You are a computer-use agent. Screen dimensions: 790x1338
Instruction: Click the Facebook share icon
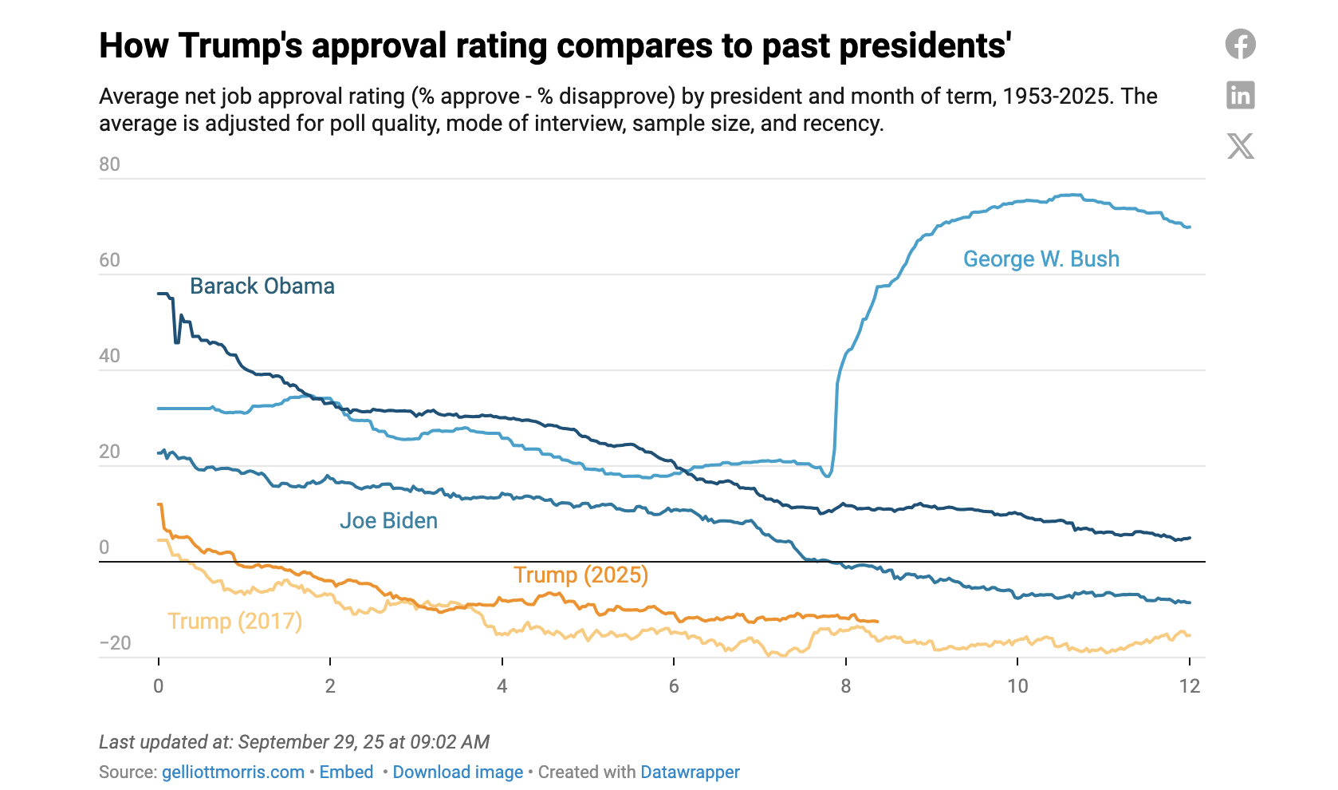1240,44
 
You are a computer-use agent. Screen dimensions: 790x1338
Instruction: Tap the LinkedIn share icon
1240,95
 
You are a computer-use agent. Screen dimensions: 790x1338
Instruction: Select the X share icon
1240,146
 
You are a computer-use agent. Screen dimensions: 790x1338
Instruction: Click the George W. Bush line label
1041,259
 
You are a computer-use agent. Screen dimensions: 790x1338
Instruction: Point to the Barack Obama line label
262,286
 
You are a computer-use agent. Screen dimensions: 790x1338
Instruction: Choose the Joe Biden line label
388,521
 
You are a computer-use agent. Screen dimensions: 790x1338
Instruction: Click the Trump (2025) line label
580,575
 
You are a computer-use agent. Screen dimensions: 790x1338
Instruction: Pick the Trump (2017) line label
234,621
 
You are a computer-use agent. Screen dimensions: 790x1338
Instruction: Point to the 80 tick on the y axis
109,164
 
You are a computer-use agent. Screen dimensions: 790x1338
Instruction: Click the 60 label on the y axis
109,260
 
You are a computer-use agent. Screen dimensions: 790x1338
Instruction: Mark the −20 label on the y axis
115,643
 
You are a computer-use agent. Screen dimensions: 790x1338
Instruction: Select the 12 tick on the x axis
1189,686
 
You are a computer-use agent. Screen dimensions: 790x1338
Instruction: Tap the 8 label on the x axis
845,686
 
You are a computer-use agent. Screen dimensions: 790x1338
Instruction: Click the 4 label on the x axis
502,686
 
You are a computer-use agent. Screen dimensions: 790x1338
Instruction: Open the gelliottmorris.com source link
233,772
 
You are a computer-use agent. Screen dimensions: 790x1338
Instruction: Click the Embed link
346,772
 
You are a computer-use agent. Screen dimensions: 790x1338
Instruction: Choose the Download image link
458,772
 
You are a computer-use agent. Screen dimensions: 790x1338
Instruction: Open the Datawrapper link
690,772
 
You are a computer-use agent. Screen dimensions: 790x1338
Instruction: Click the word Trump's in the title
241,46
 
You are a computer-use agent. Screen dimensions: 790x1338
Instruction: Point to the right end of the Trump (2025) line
877,621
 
